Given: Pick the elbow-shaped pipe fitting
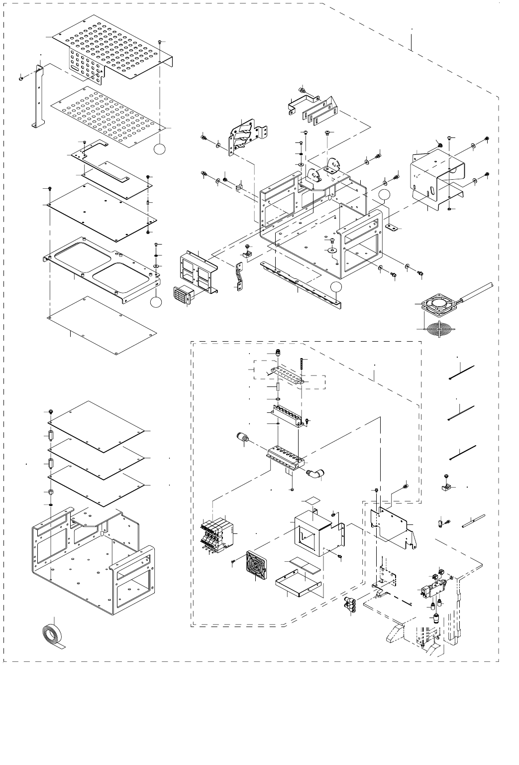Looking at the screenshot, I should (x=314, y=473).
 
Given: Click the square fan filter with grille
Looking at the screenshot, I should (x=259, y=565).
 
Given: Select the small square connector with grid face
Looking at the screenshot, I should (x=180, y=296).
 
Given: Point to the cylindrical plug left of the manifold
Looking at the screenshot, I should (x=243, y=440).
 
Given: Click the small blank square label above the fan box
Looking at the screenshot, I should (x=312, y=500).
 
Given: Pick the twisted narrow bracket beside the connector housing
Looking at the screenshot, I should (x=238, y=276).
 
